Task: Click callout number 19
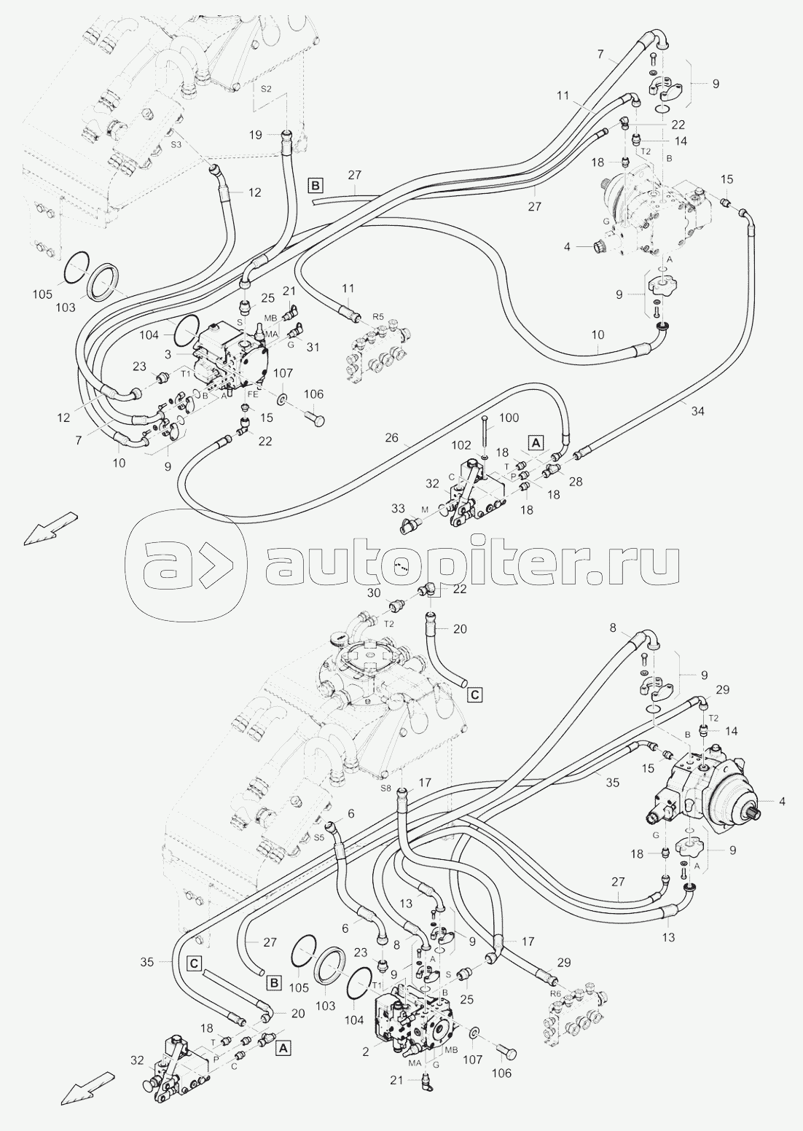pos(274,134)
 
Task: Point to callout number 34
pos(697,411)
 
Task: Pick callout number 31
pos(313,348)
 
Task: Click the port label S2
pos(266,89)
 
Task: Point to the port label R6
pos(555,993)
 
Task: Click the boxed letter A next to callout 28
pos(536,442)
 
